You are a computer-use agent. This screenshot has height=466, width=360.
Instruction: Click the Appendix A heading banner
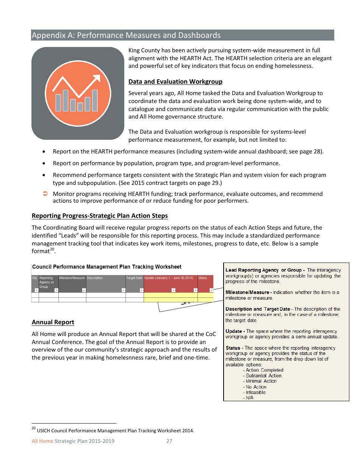[182, 35]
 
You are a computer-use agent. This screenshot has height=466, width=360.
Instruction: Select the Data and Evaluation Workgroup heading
[175, 81]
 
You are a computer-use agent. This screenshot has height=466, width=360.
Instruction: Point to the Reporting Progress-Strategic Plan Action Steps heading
[100, 216]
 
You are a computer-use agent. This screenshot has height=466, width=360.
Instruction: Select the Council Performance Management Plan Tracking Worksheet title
[106, 267]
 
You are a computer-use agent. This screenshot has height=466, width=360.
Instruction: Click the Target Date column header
[134, 278]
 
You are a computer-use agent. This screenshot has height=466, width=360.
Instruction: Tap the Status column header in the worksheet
[203, 278]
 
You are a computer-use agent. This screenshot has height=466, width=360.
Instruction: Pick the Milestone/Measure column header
[72, 278]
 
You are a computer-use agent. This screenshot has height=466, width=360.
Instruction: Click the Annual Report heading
[53, 322]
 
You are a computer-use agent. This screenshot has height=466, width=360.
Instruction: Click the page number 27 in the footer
[169, 441]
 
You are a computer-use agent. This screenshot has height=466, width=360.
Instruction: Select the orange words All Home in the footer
[42, 441]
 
